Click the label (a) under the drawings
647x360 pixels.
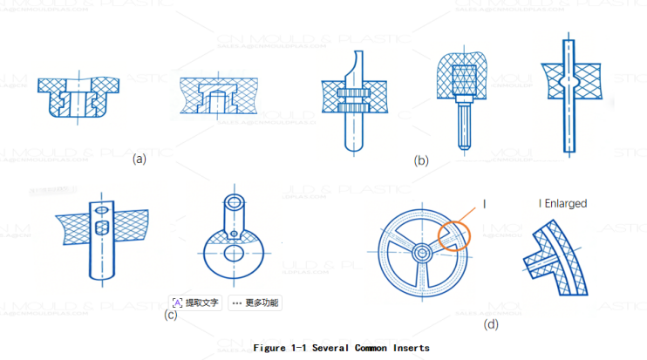(x=139, y=160)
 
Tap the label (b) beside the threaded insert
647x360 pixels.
(x=422, y=160)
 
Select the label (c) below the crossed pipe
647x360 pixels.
(x=171, y=315)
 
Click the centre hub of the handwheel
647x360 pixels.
(x=421, y=252)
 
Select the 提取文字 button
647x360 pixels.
(x=195, y=302)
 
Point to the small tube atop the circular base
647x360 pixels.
(x=235, y=212)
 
